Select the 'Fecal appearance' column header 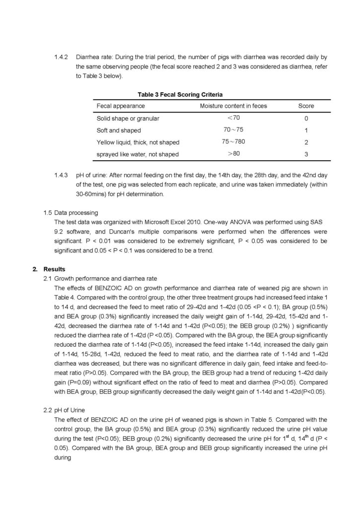point(121,106)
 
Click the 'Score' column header point(306,106)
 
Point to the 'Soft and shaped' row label point(119,130)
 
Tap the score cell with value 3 point(306,154)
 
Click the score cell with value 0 point(306,119)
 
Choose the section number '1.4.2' point(62,58)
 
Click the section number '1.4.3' point(62,176)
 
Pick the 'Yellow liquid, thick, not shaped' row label point(138,142)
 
